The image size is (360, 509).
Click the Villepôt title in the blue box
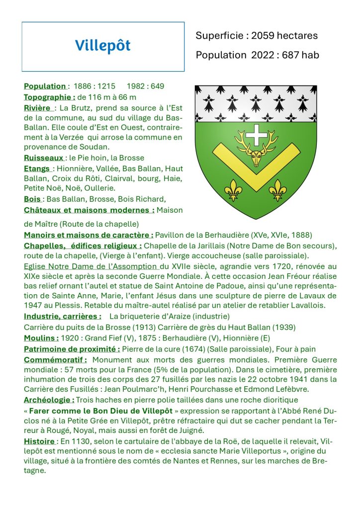click(103, 46)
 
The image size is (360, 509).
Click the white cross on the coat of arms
click(257, 135)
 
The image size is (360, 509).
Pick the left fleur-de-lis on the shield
click(233, 189)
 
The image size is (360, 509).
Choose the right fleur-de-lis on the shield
click(278, 189)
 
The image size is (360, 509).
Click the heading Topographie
click(49, 97)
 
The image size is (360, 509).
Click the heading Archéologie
click(49, 400)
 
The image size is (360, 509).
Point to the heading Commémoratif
click(56, 359)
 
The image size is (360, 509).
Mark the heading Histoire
click(39, 441)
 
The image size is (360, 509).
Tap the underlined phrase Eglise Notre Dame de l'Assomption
click(91, 266)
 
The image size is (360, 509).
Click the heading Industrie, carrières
click(63, 316)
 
